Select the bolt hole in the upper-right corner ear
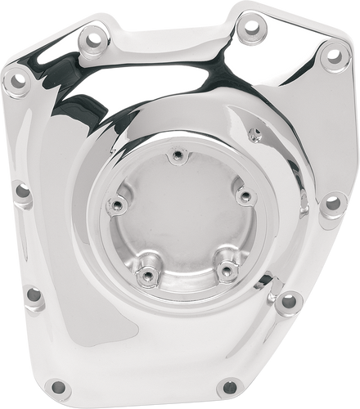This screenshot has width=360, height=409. click(x=332, y=56)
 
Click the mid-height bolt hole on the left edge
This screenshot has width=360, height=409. click(x=22, y=192)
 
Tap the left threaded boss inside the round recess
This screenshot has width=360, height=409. click(x=119, y=204)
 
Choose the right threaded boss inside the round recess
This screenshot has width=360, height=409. click(x=242, y=194)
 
